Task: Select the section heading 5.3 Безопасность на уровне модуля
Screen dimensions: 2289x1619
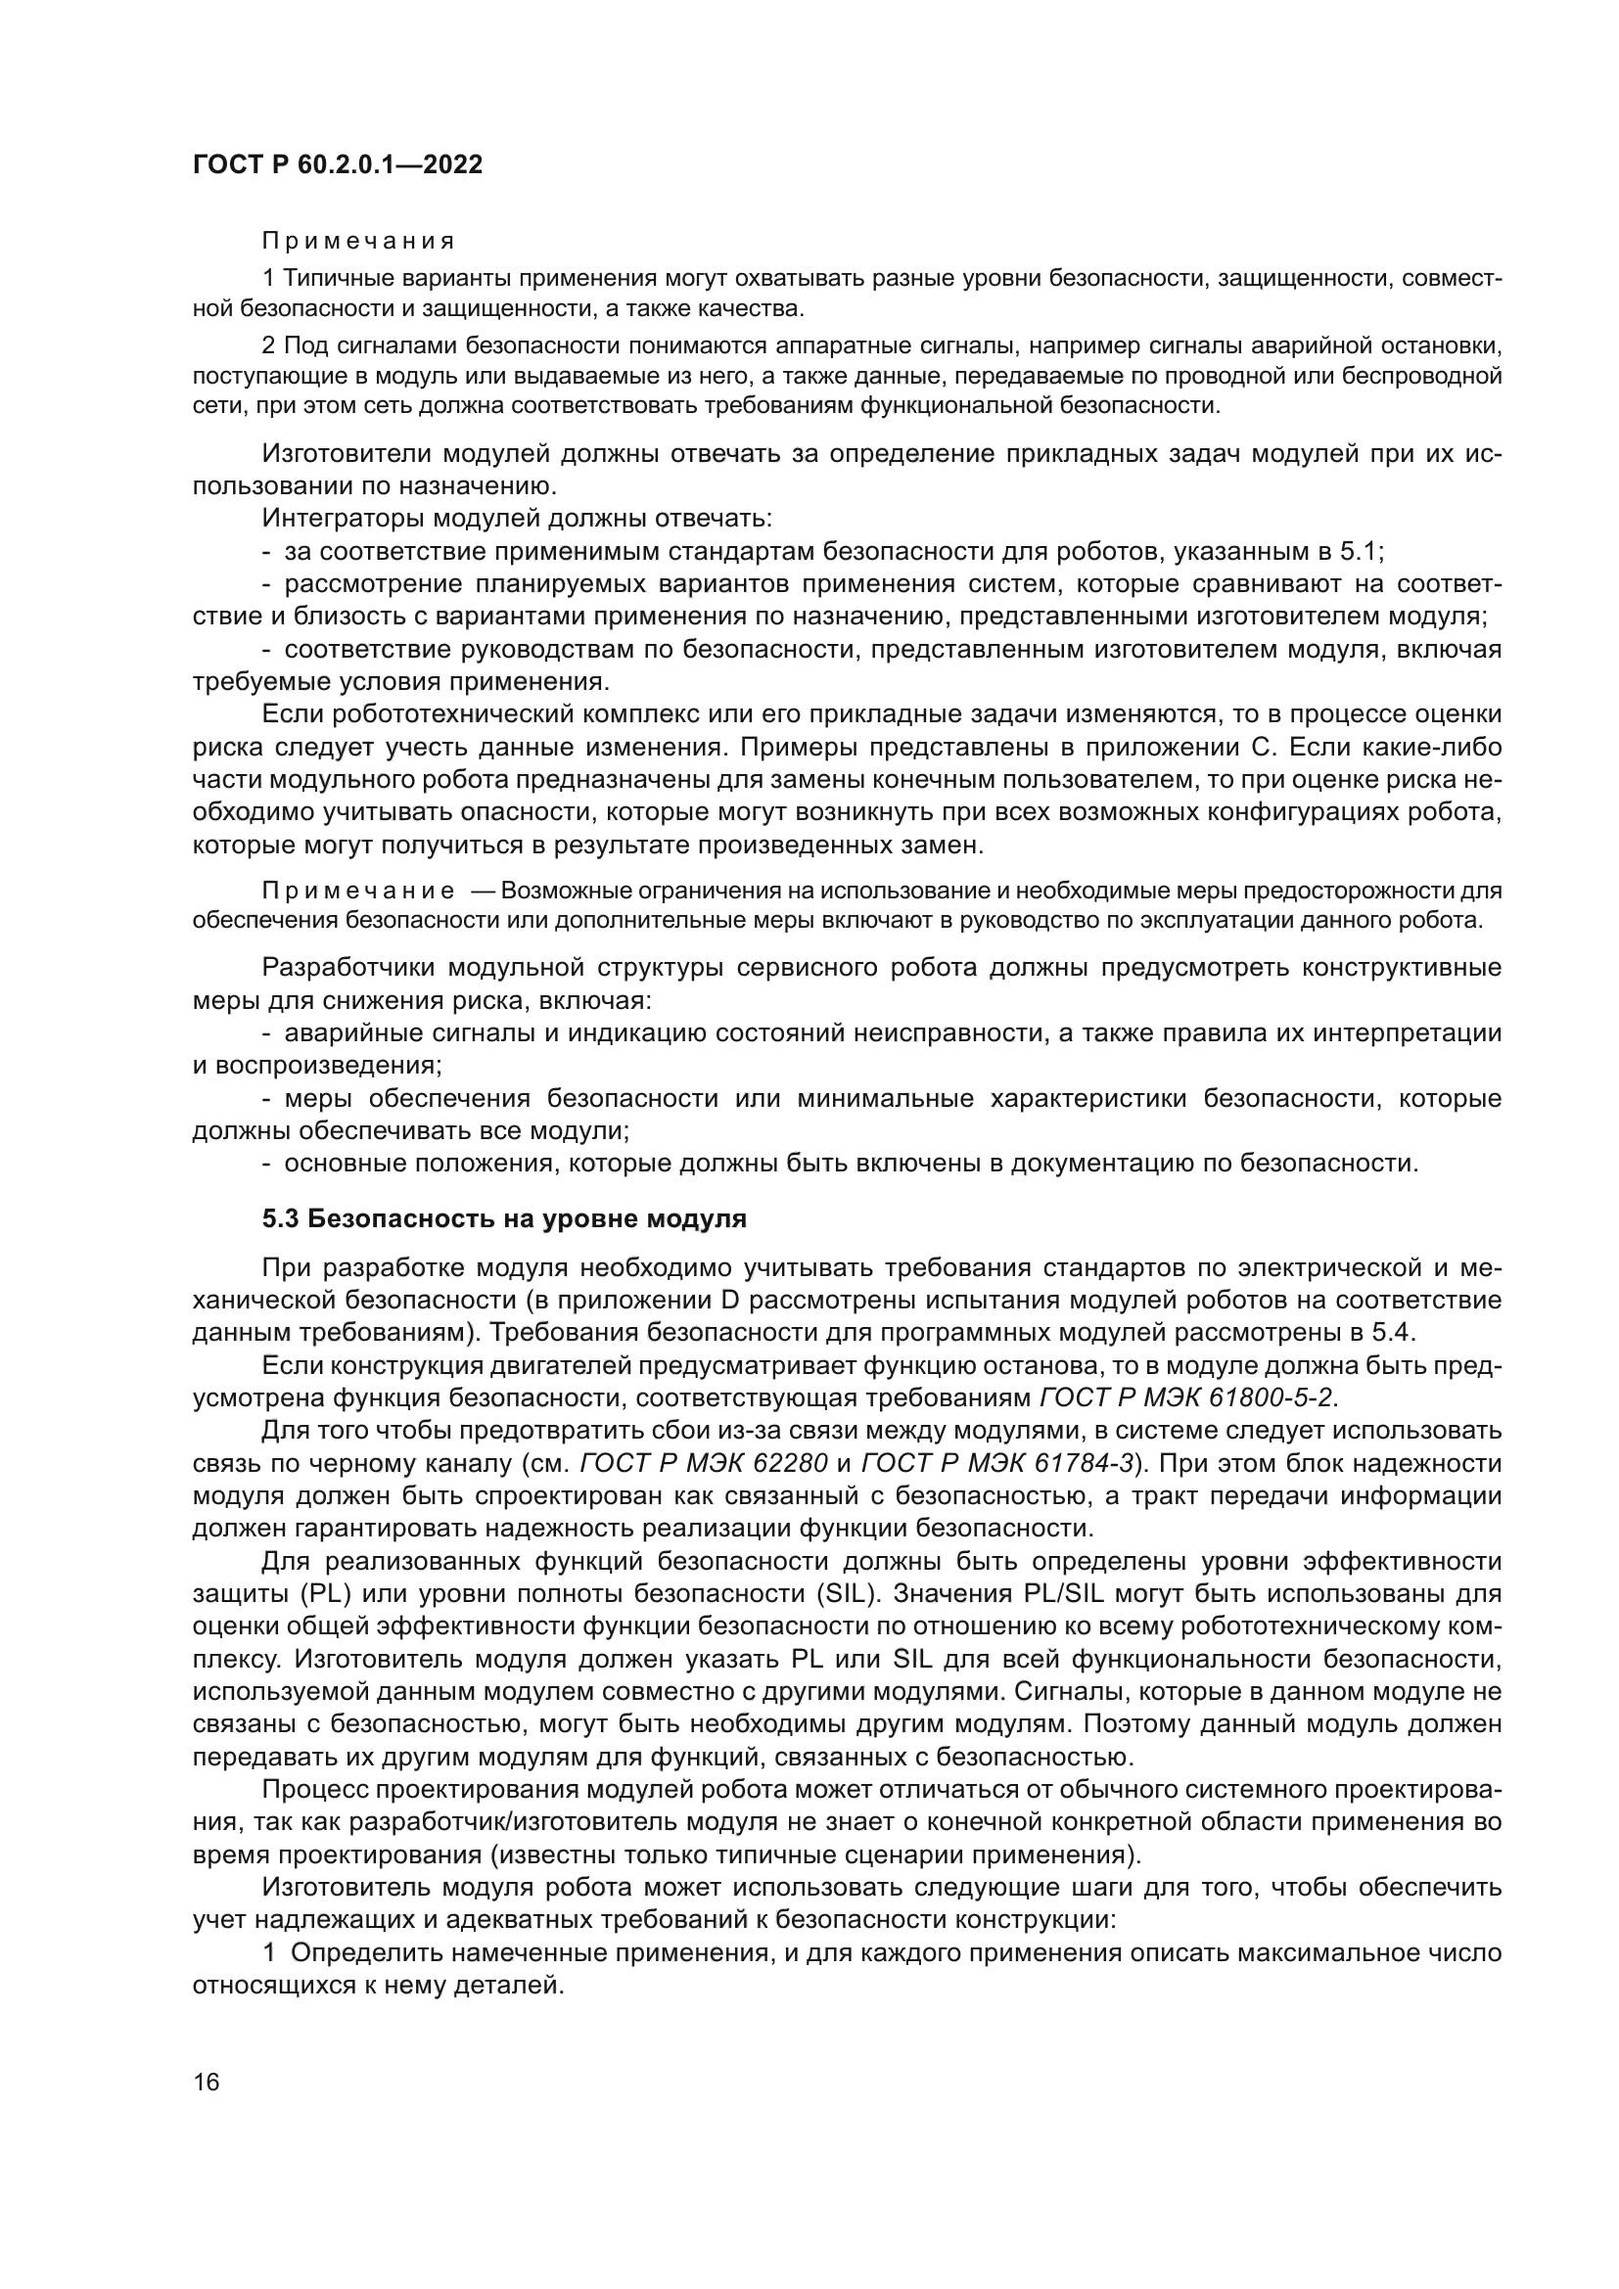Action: click(503, 1218)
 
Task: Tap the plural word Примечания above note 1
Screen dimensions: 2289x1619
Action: click(358, 242)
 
